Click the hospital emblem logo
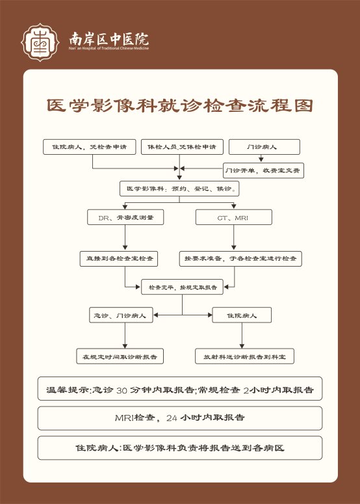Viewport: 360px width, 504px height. coord(40,42)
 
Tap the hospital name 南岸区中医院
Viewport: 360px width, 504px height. coord(109,39)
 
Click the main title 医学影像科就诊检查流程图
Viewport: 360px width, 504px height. coord(180,105)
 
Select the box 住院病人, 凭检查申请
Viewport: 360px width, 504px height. coord(90,147)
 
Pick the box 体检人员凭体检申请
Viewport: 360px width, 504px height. coord(182,147)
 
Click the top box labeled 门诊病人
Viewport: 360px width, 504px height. coord(264,147)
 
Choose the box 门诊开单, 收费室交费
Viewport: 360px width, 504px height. coord(263,170)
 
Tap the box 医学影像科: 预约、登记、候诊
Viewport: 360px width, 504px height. coord(179,189)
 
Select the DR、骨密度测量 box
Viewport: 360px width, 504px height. coord(125,217)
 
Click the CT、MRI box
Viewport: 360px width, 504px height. coord(234,217)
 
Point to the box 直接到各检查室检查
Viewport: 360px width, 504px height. coord(119,258)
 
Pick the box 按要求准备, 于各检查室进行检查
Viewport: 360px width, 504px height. coord(240,258)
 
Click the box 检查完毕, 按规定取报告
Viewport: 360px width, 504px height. coord(183,287)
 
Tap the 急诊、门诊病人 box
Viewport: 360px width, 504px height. coord(121,315)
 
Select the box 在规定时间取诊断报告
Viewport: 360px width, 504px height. coord(120,356)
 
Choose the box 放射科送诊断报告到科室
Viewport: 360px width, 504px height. coord(245,356)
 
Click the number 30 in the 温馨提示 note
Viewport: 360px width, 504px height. coord(122,391)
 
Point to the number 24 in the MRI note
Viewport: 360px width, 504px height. coord(172,418)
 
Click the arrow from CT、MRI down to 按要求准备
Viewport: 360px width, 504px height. coord(234,237)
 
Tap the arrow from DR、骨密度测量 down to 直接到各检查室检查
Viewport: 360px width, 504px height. coord(125,237)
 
